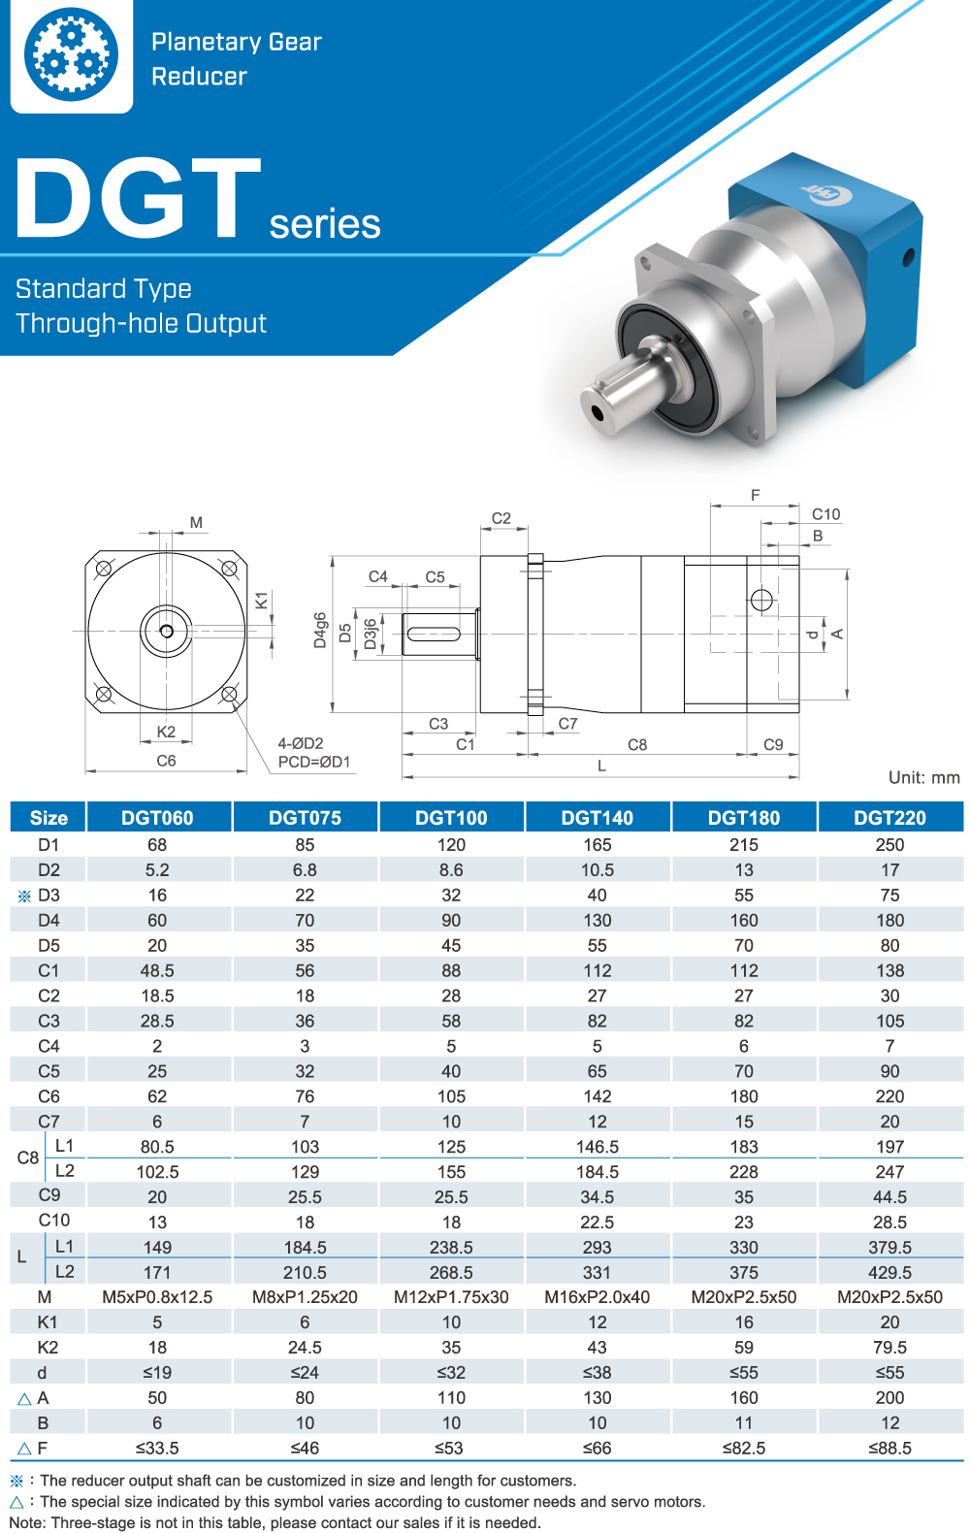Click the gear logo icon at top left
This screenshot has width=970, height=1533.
[71, 54]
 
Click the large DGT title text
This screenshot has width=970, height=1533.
[139, 199]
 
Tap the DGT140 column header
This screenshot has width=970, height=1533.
[597, 818]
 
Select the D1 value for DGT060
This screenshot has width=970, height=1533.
[157, 845]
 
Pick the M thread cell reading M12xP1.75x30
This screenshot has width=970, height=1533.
[451, 1297]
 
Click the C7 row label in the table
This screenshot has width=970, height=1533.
[48, 1122]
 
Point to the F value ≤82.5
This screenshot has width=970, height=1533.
[743, 1449]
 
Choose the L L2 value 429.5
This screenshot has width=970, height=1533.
[889, 1272]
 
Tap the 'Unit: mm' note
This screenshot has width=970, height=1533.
[923, 777]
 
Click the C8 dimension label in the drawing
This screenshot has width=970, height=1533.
[637, 745]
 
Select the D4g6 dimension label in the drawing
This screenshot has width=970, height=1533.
[320, 630]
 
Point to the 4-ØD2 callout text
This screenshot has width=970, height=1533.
[301, 743]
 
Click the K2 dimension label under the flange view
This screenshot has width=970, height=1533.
[166, 732]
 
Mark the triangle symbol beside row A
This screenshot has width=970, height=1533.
[24, 1399]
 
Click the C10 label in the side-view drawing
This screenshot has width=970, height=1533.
[825, 514]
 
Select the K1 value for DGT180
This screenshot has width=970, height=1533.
[743, 1322]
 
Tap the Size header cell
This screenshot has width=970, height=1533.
[48, 818]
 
